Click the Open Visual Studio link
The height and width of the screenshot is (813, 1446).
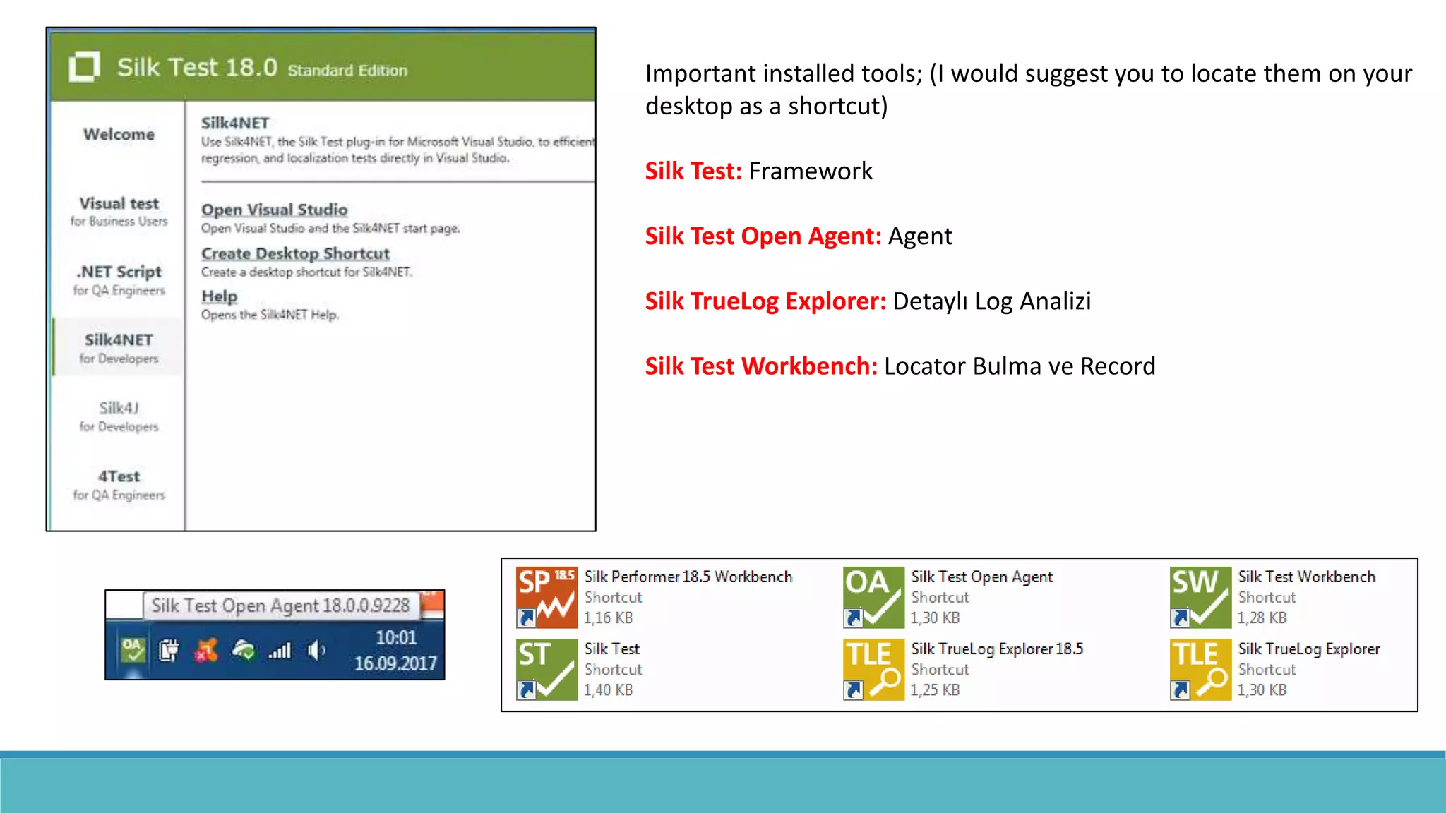[274, 210]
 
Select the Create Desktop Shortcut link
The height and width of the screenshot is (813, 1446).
[295, 253]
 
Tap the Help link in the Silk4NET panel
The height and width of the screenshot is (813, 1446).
[219, 296]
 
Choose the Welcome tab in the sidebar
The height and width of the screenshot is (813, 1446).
[119, 134]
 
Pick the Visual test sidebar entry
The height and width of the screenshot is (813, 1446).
[119, 210]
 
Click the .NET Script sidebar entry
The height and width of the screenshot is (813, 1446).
[119, 279]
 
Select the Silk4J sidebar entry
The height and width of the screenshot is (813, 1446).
[119, 416]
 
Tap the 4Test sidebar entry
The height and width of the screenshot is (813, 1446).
[119, 484]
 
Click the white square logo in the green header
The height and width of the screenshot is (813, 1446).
[85, 67]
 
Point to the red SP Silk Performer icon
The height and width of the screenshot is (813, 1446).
[546, 597]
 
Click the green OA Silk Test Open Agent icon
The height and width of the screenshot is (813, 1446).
[873, 597]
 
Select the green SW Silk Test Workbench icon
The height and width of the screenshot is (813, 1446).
[1200, 597]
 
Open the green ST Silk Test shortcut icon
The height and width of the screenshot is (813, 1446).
[546, 669]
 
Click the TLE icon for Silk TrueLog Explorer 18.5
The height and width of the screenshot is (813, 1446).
[873, 669]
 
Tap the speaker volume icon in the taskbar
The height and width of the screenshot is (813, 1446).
[316, 650]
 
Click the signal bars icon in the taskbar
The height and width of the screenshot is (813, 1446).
[280, 651]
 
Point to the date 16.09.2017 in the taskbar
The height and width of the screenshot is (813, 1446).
[395, 663]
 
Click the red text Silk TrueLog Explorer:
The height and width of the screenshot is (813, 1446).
[765, 301]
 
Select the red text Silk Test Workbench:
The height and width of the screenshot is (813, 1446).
[761, 366]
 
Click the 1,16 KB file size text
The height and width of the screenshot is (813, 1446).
[608, 618]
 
